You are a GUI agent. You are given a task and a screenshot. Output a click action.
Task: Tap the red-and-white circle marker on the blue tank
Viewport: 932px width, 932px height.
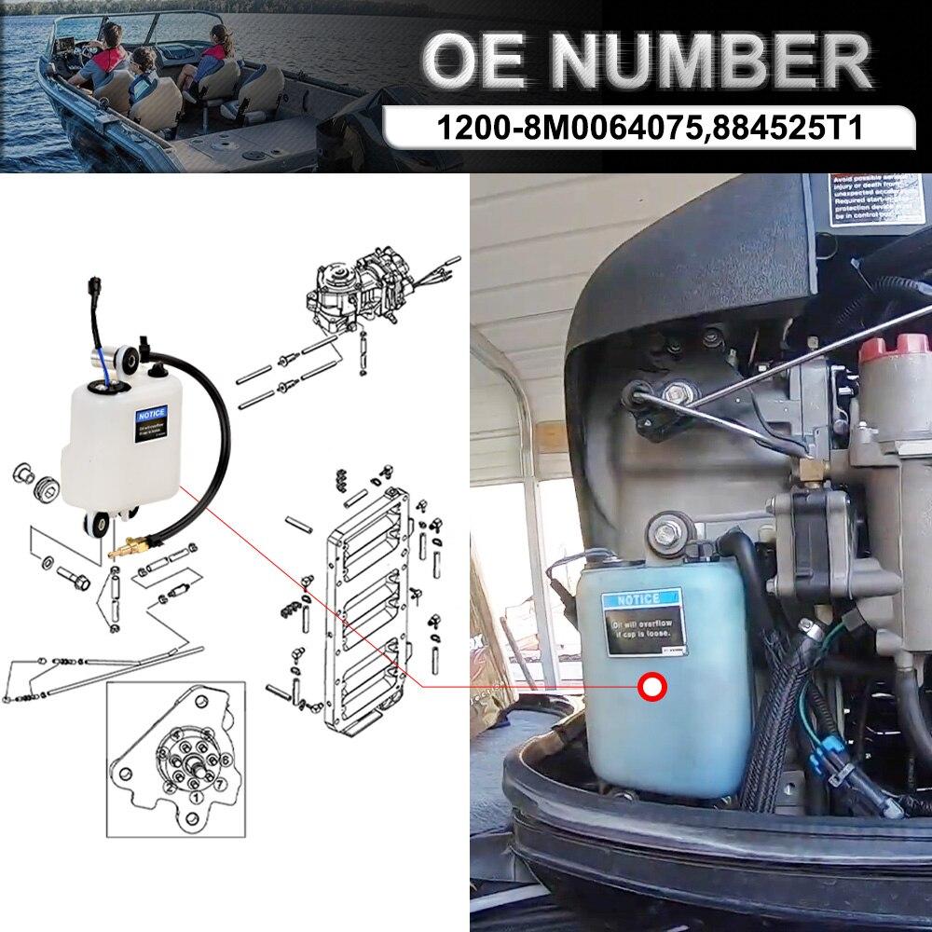(651, 688)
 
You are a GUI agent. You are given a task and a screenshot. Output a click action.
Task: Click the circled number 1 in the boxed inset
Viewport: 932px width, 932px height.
(193, 797)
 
